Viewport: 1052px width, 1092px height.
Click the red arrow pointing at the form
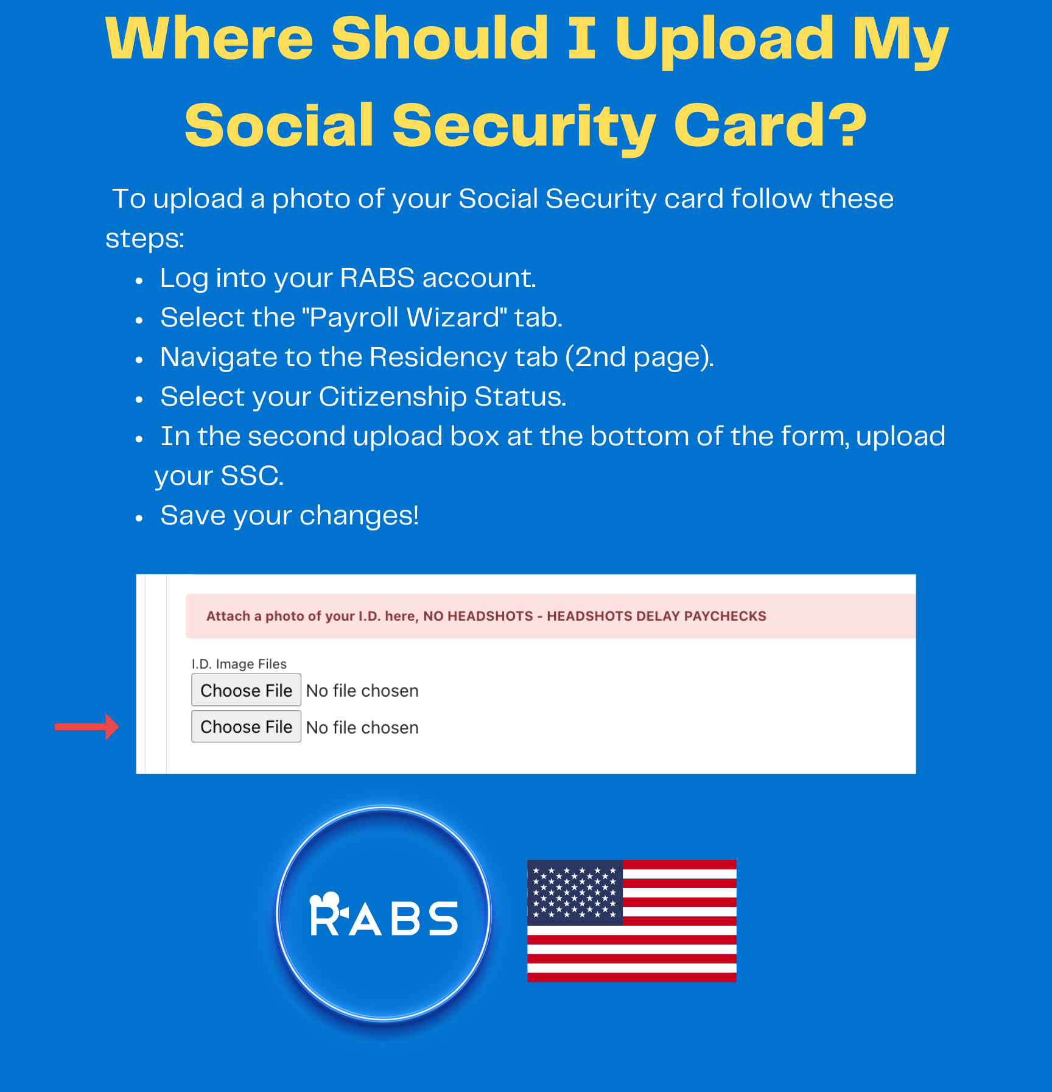pyautogui.click(x=86, y=727)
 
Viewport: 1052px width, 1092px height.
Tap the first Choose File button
pyautogui.click(x=246, y=690)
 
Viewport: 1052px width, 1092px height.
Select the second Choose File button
pyautogui.click(x=246, y=727)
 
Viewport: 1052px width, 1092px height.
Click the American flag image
pyautogui.click(x=631, y=920)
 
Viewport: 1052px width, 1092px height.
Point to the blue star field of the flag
pyautogui.click(x=575, y=892)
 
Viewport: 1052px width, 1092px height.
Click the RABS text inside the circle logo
pyautogui.click(x=384, y=915)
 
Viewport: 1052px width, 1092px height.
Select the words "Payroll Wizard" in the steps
pyautogui.click(x=404, y=317)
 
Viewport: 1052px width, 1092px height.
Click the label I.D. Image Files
pyautogui.click(x=239, y=664)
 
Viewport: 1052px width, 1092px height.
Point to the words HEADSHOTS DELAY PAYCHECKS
pyautogui.click(x=656, y=616)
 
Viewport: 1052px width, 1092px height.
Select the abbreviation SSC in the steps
pyautogui.click(x=249, y=476)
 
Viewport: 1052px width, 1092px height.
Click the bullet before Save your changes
pyautogui.click(x=139, y=518)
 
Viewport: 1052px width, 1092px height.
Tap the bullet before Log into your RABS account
pyautogui.click(x=139, y=281)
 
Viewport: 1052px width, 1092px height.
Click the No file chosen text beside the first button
pyautogui.click(x=362, y=691)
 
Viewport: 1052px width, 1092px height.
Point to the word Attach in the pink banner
pyautogui.click(x=228, y=616)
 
